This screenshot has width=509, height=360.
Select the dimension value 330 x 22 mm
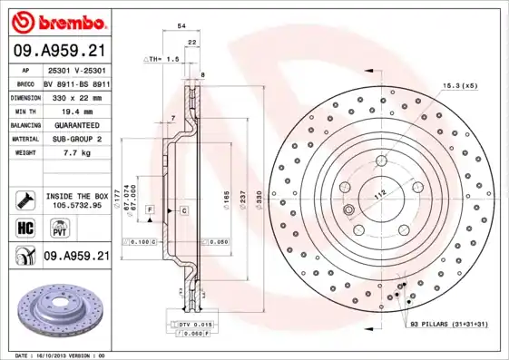click(74, 95)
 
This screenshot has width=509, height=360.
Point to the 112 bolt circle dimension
click(379, 192)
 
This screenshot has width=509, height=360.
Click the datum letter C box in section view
click(182, 210)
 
